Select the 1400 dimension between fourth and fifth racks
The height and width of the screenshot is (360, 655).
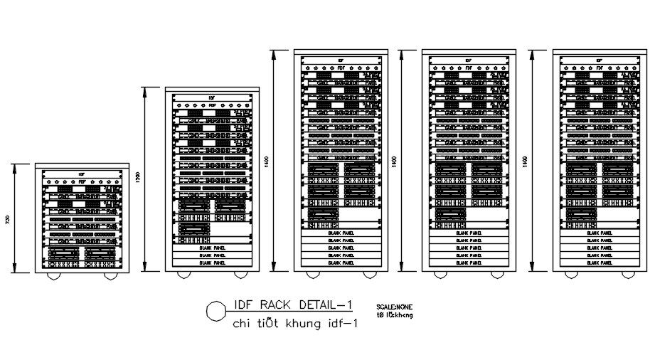pos(526,162)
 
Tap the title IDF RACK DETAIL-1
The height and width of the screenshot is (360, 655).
pos(293,306)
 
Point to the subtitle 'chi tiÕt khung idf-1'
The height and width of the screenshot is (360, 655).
pos(294,324)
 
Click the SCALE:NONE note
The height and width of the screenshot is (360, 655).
pos(395,307)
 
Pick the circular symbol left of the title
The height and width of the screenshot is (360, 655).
pos(214,311)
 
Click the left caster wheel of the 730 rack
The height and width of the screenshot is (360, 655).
pos(55,275)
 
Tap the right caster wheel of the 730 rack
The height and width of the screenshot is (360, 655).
pos(109,275)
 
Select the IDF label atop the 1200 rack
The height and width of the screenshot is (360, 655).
pos(211,97)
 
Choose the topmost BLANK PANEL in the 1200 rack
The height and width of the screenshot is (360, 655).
pos(211,247)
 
